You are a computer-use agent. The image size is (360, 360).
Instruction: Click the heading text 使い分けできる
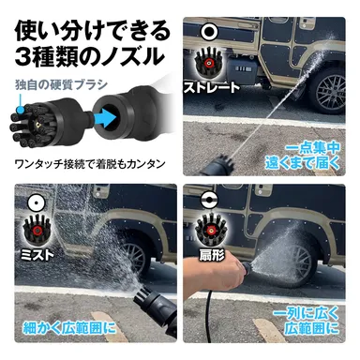89,20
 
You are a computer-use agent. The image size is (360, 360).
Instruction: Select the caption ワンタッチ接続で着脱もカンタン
90,161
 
